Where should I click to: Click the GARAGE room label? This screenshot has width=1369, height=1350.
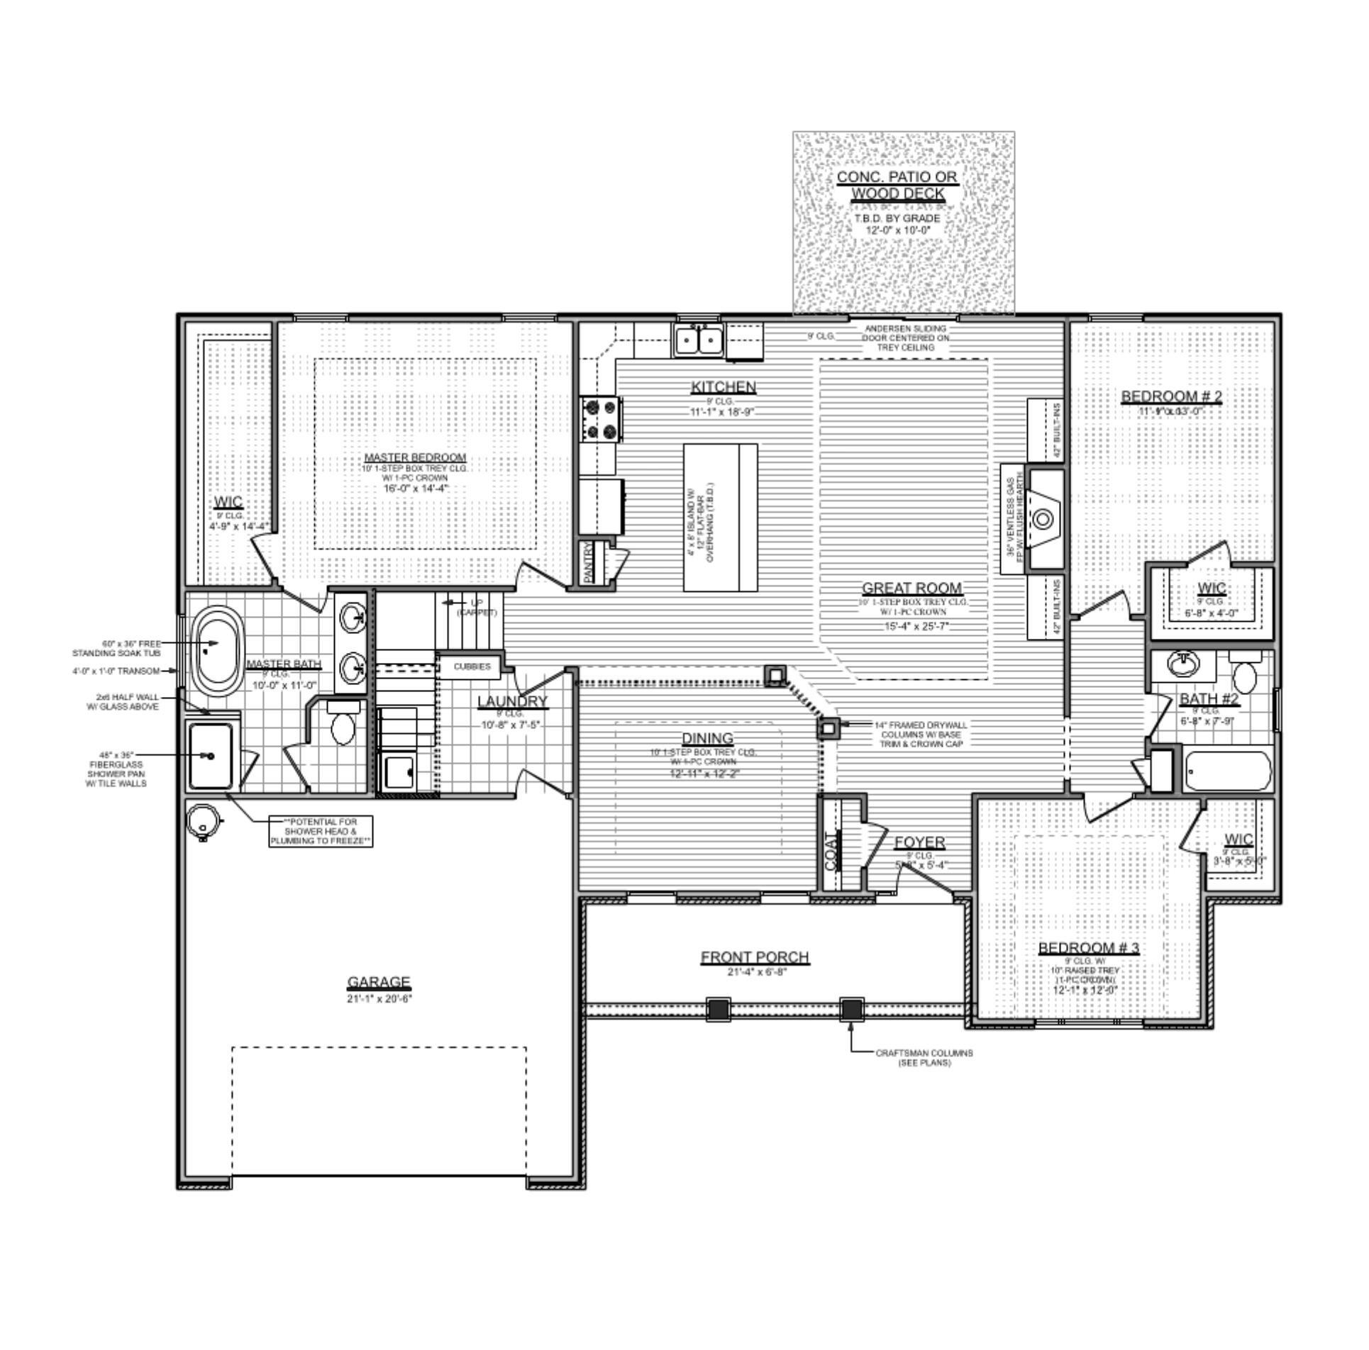coord(378,982)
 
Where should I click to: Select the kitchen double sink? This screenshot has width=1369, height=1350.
coord(698,340)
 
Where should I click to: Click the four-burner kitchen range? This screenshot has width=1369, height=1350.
coord(600,419)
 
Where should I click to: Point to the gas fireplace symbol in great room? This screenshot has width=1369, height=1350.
coord(1043,519)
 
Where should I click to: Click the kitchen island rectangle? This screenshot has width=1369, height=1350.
coord(719,517)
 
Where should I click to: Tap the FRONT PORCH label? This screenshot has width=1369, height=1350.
coord(754,957)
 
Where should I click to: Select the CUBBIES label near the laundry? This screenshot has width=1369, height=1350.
coord(472,666)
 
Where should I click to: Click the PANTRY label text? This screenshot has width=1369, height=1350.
coord(588,562)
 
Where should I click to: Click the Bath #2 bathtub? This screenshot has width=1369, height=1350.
coord(1228,771)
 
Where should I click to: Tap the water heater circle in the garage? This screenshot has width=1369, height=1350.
coord(202,820)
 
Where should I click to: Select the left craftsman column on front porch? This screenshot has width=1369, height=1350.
coord(719,1008)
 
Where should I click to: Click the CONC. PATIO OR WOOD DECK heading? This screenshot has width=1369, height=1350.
coord(897,185)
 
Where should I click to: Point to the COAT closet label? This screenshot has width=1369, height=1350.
coord(832,850)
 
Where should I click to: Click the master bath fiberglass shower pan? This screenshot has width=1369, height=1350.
coord(211,756)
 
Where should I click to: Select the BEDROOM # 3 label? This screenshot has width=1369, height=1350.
coord(1089,948)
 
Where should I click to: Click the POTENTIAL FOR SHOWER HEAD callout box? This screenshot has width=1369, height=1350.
coord(321,831)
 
